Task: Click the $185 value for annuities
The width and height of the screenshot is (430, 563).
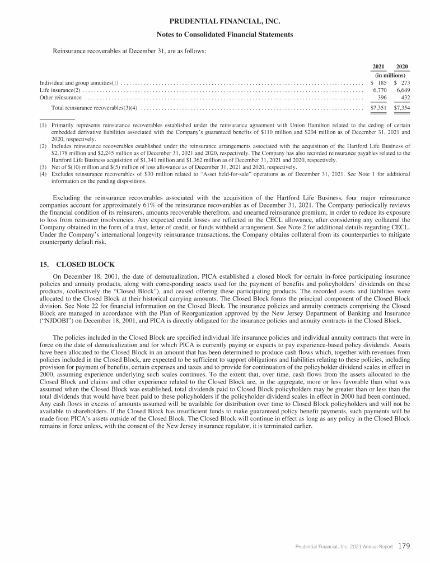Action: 381,82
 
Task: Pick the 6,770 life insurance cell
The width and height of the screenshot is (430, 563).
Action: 381,90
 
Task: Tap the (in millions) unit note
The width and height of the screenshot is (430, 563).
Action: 391,75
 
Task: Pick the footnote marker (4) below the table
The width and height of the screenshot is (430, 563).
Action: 43,174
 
